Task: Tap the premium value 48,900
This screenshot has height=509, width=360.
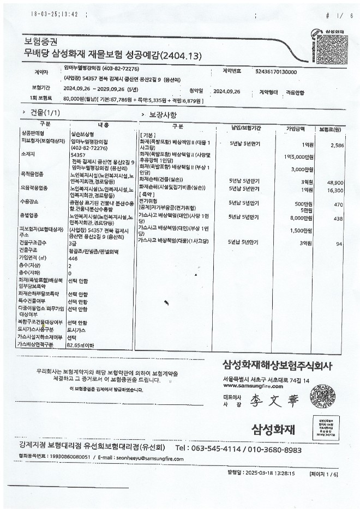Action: coord(335,183)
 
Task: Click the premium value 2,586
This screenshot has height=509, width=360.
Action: coord(338,146)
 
